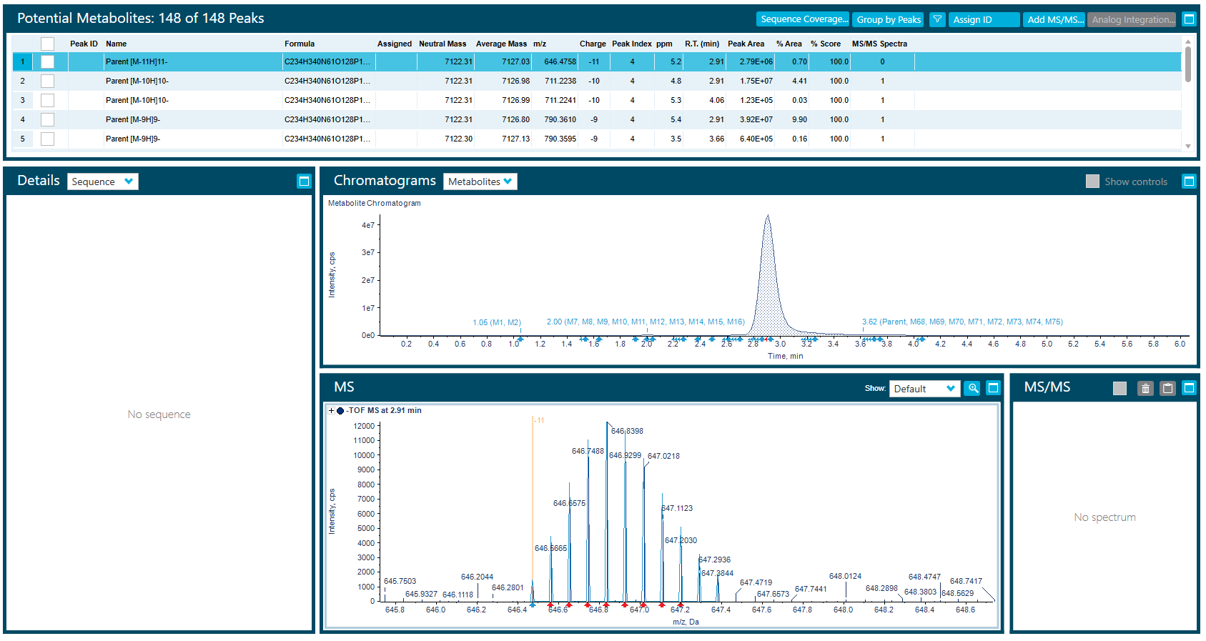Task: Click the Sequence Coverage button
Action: coord(803,19)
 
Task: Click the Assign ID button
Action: coord(984,19)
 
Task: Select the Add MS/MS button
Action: coord(1054,19)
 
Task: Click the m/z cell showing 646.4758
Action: coord(560,61)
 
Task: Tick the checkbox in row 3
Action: coord(47,100)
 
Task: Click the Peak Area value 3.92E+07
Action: coord(756,119)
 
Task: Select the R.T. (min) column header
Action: coord(701,44)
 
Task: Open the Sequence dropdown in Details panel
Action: coord(103,182)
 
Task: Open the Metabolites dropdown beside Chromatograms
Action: coord(480,182)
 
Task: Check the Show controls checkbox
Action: coord(1092,182)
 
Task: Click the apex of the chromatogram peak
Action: coord(768,217)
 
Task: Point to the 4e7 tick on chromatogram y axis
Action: coord(368,225)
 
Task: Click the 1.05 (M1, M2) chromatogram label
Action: coord(496,322)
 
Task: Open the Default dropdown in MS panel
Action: coord(924,389)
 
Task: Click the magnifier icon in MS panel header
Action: coord(972,388)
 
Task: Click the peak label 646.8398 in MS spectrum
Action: coord(627,431)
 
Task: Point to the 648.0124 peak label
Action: coord(845,576)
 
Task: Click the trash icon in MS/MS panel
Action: coord(1145,388)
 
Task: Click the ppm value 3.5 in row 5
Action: coord(676,139)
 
